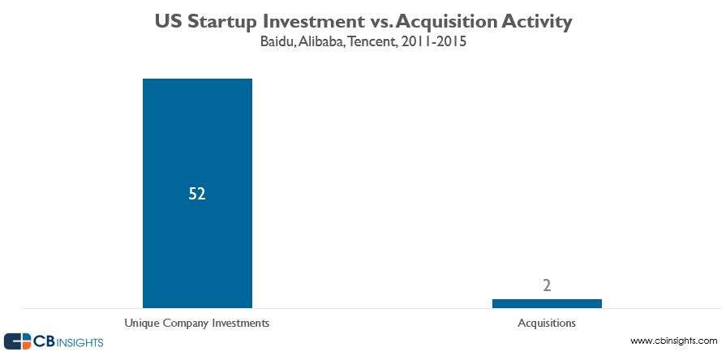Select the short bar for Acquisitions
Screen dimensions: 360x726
(547, 303)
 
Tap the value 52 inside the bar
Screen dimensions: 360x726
(196, 195)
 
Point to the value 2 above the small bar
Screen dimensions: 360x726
(548, 286)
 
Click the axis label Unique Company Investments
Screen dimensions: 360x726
(196, 323)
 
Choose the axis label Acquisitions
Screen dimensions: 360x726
(547, 323)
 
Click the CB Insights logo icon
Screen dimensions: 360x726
(17, 341)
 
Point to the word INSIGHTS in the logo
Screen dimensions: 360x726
(78, 342)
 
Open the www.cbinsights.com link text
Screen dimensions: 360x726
(673, 341)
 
